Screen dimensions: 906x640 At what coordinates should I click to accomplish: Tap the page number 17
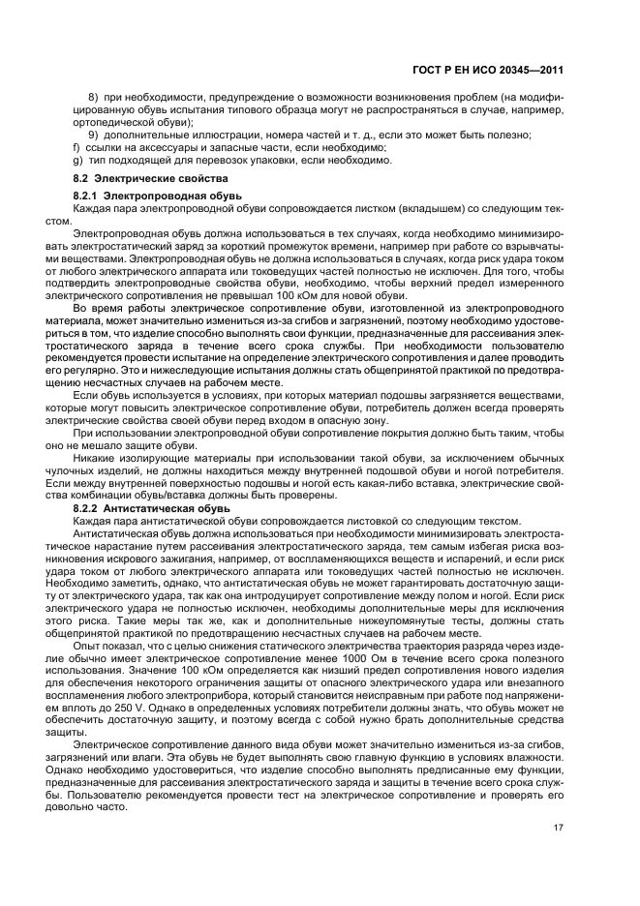(559, 827)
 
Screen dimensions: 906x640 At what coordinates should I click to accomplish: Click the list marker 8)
(95, 98)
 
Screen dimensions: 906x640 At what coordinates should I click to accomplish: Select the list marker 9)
(108, 135)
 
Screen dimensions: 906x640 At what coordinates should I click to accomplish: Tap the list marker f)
(76, 147)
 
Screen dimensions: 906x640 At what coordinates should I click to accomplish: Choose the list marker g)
(76, 160)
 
